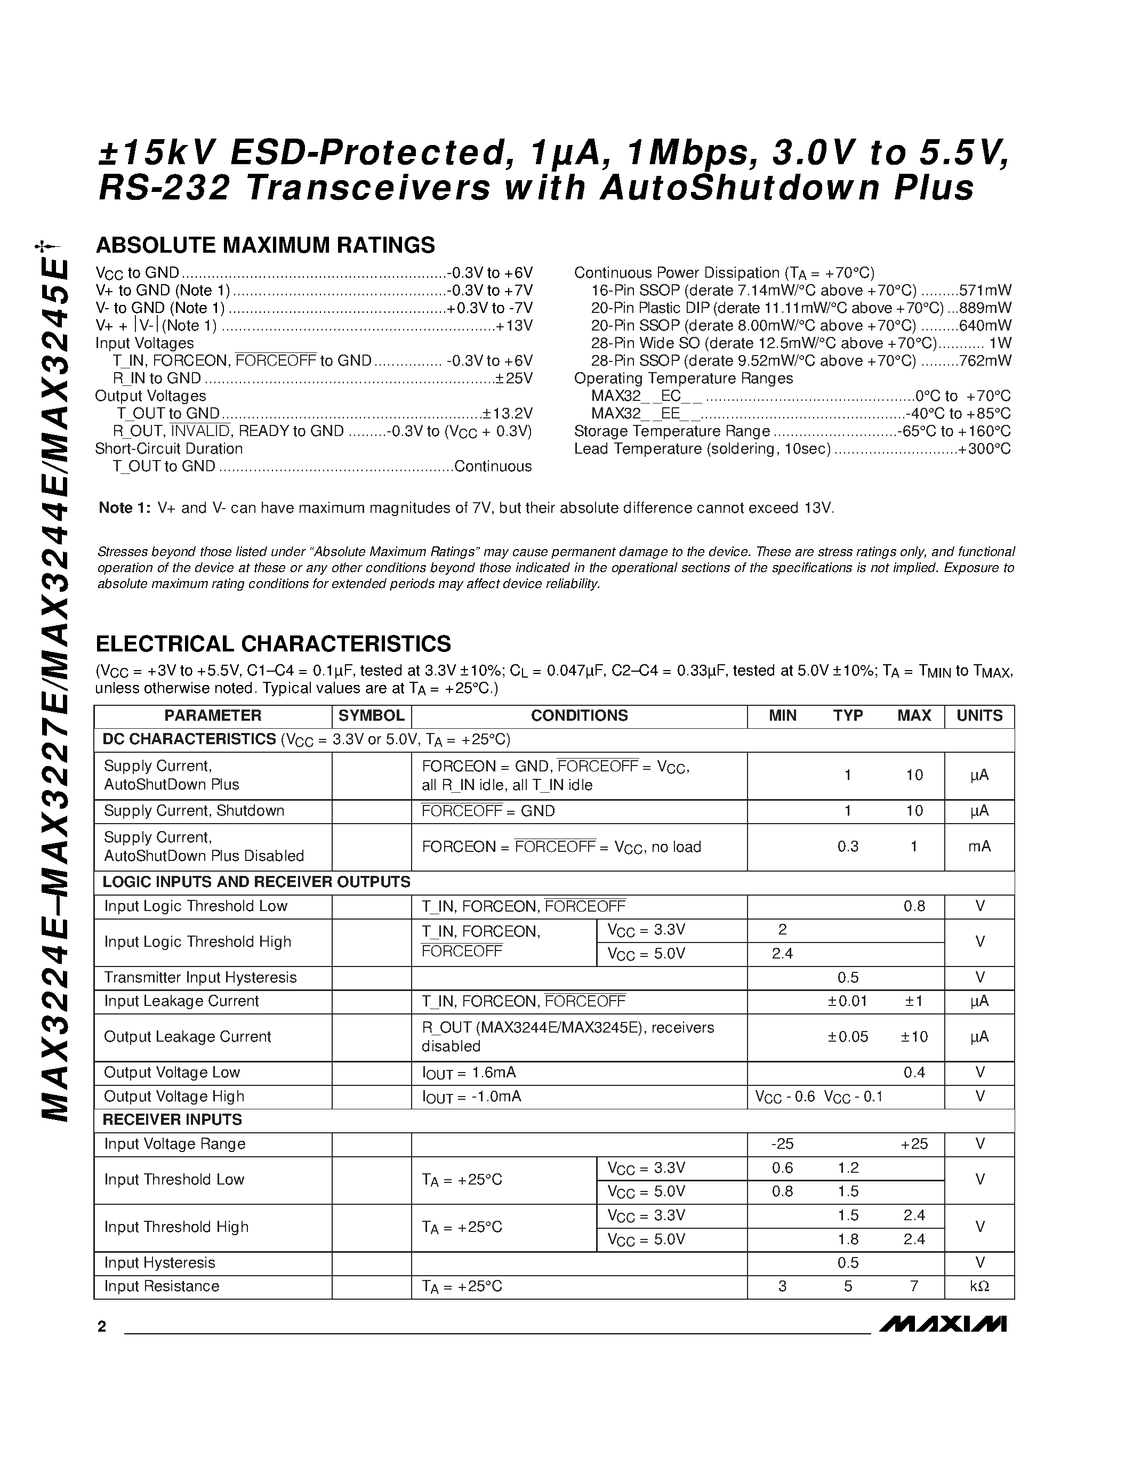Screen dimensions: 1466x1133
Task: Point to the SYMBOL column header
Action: click(x=371, y=715)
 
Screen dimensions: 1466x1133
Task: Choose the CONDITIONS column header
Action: click(x=579, y=715)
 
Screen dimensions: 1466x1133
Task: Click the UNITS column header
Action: click(x=979, y=715)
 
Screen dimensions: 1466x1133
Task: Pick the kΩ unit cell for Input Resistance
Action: click(x=979, y=1286)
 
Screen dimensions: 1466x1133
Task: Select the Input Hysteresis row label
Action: click(x=160, y=1262)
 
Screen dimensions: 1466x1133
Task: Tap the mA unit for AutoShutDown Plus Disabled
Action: click(x=979, y=847)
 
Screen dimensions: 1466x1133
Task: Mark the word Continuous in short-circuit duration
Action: click(x=493, y=466)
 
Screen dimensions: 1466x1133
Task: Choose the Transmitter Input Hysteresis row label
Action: click(x=200, y=977)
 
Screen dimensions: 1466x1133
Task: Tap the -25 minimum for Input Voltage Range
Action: click(x=782, y=1144)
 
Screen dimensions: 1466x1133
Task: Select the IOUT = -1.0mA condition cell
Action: click(x=471, y=1097)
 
